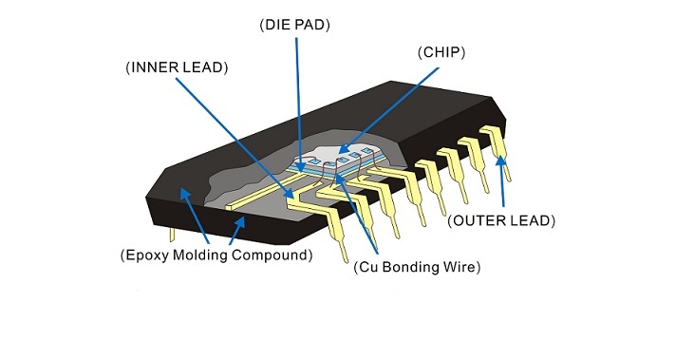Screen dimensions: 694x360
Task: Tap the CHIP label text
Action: click(x=441, y=52)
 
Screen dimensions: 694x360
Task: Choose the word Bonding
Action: click(x=408, y=268)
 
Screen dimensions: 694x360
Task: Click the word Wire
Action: click(x=458, y=267)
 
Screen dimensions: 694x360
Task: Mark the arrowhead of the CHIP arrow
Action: click(x=343, y=150)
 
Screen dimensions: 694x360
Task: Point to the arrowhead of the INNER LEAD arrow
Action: click(x=288, y=193)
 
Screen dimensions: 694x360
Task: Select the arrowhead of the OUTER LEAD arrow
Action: click(x=500, y=161)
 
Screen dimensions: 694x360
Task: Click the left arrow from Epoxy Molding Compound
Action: click(x=194, y=216)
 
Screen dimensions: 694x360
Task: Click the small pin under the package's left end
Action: click(x=172, y=235)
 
